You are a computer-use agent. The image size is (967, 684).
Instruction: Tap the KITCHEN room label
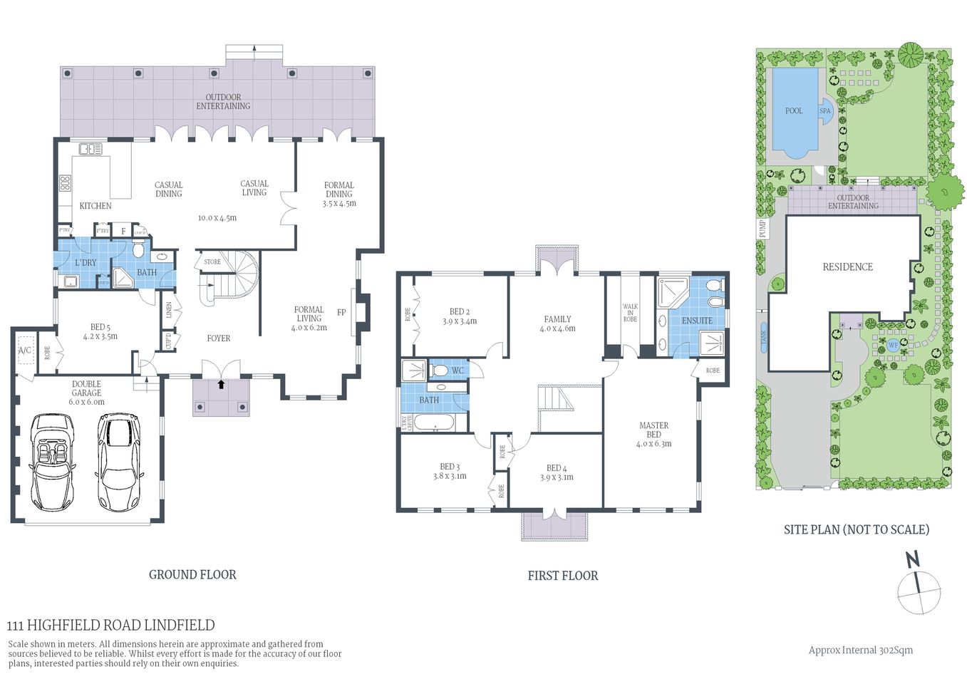(x=95, y=206)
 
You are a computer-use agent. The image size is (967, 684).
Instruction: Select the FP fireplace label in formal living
(x=341, y=312)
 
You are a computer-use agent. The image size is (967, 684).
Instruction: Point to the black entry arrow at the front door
(x=221, y=384)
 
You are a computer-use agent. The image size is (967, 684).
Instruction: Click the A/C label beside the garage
(x=25, y=351)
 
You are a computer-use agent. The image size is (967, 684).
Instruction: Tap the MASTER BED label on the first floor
(x=653, y=430)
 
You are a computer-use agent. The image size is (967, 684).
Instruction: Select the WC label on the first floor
(x=457, y=370)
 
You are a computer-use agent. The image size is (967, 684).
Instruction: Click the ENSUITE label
(x=696, y=321)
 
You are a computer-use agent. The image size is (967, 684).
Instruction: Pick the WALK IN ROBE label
(x=630, y=313)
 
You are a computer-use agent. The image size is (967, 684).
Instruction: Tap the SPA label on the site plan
(x=824, y=111)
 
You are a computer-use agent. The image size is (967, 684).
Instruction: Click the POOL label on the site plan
(x=793, y=111)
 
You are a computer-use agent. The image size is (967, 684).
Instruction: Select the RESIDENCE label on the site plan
(x=847, y=267)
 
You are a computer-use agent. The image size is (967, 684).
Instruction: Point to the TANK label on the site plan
(x=764, y=338)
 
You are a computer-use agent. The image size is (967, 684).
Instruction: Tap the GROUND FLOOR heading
(x=192, y=575)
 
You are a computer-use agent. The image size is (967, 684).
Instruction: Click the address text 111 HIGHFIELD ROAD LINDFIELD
(x=110, y=626)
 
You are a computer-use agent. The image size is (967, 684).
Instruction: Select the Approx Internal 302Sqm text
(x=860, y=650)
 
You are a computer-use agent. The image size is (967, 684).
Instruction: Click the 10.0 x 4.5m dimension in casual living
(x=217, y=218)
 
